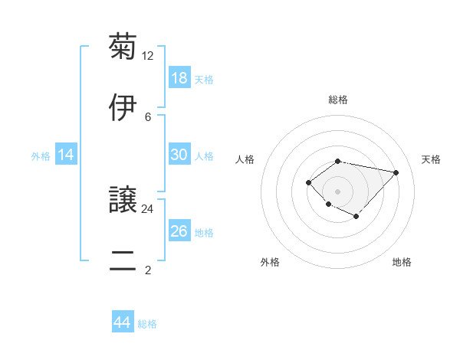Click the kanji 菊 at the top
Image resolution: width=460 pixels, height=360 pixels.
click(x=123, y=47)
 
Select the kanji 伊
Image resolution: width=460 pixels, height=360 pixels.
click(x=123, y=107)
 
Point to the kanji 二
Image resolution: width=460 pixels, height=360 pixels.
click(x=123, y=260)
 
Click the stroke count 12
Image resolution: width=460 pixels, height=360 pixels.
click(x=149, y=56)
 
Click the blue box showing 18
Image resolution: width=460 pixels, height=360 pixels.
click(x=179, y=78)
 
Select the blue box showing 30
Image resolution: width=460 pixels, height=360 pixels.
click(x=179, y=155)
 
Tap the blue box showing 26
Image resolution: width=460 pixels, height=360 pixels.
click(x=179, y=231)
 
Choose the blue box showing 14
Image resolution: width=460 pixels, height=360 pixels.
click(x=66, y=155)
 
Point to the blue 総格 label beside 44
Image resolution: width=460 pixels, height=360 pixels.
click(x=147, y=324)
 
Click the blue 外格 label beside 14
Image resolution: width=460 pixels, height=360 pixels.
click(x=41, y=156)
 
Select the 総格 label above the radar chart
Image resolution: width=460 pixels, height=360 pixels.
click(x=337, y=100)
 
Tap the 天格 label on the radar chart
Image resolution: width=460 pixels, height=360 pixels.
click(x=431, y=159)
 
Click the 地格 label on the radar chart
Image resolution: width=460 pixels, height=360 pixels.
click(x=402, y=262)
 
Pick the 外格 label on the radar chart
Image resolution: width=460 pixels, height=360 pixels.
click(x=270, y=262)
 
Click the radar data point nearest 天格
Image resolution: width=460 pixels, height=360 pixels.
click(x=396, y=172)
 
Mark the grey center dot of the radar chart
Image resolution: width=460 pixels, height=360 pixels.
click(x=337, y=191)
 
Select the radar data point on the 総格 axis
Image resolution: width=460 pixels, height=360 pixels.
click(x=337, y=161)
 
